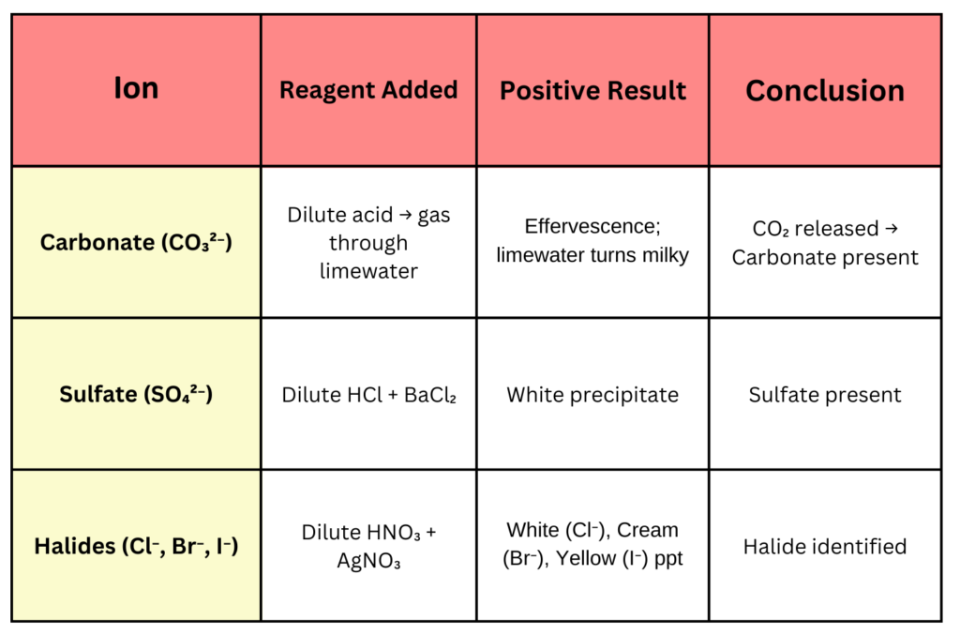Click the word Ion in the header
click(136, 88)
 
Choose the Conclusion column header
click(824, 91)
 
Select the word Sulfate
click(97, 394)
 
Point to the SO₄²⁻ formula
click(179, 394)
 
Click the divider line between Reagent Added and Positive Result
click(476, 91)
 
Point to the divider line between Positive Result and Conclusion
click(709, 91)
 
